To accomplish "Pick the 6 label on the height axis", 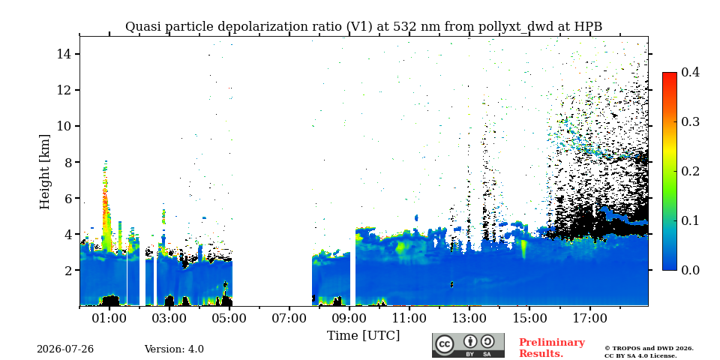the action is (x=66, y=198).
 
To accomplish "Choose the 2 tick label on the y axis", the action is (x=66, y=271).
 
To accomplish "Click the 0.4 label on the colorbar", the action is (x=690, y=72).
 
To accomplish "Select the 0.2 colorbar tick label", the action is (x=690, y=171).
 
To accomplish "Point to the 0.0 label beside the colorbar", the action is (x=690, y=270).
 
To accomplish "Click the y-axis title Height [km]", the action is (x=44, y=172).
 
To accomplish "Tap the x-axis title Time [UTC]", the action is (x=363, y=336).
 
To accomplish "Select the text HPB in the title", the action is (x=588, y=27).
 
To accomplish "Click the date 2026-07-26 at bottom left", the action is (x=65, y=349).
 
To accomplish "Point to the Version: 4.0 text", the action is (x=174, y=349).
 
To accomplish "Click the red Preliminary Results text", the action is (x=552, y=348).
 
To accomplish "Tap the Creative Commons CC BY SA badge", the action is (x=468, y=345).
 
